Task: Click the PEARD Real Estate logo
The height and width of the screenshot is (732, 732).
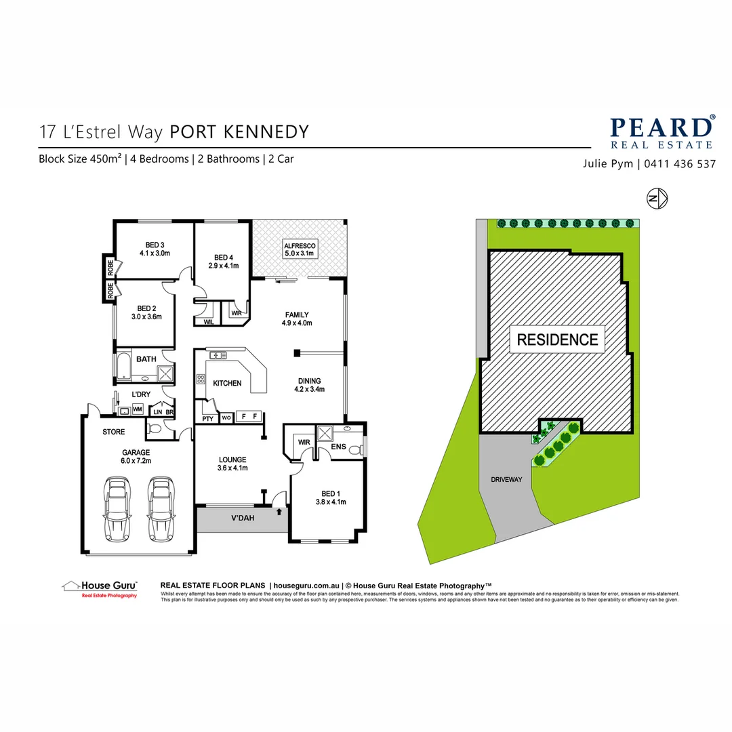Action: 661,131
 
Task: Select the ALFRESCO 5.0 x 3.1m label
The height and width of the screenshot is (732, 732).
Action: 300,249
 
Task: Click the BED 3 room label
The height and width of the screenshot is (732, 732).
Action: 155,249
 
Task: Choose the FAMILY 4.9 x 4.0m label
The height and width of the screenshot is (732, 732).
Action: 297,319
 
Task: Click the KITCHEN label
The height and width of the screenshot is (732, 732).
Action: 227,383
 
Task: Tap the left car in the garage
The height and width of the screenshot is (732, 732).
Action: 118,508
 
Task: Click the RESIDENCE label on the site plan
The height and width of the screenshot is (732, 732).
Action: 557,340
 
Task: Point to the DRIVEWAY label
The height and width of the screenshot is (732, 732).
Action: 506,479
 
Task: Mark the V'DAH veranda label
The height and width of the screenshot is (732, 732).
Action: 243,518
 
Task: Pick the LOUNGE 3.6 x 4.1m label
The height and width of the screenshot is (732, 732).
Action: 232,464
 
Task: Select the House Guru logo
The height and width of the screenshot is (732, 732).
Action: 100,588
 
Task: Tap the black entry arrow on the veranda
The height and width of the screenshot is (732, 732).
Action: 279,512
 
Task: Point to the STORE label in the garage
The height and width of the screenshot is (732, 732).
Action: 114,431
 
